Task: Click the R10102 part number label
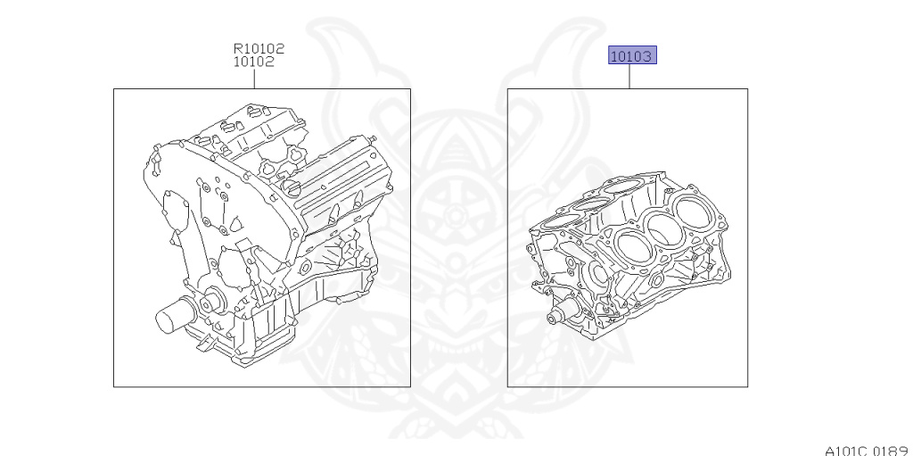[259, 48]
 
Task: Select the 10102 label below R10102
[254, 62]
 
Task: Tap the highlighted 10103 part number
[632, 55]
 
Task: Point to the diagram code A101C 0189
[868, 450]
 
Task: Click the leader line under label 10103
[629, 77]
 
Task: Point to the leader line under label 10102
[254, 79]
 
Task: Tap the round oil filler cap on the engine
[292, 187]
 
